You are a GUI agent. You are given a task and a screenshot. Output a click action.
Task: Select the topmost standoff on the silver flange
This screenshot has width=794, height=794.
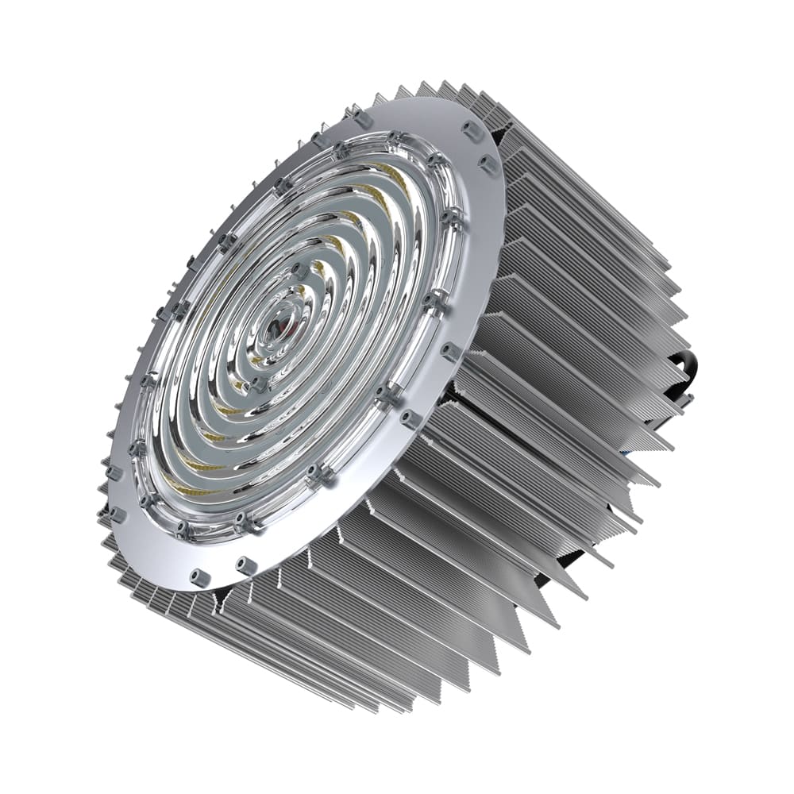pos(363,118)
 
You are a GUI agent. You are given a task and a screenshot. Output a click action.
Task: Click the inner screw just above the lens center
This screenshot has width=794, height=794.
pos(300,270)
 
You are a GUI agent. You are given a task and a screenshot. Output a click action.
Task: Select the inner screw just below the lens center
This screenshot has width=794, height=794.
pos(258,384)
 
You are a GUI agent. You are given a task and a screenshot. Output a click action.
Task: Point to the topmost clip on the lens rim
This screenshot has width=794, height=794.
pos(395,141)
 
